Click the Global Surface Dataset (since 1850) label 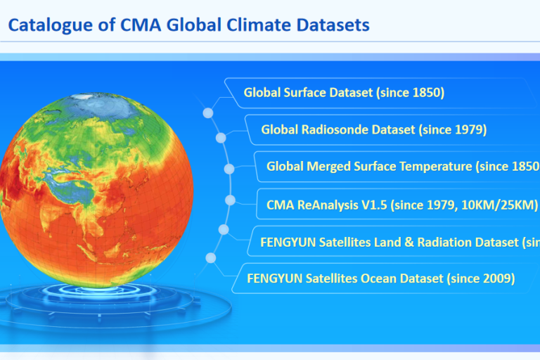344,92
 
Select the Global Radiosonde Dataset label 373,129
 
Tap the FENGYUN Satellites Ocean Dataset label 380,278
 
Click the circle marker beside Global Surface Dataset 207,112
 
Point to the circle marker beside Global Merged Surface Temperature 229,169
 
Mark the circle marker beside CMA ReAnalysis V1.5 229,200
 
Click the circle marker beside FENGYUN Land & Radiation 224,229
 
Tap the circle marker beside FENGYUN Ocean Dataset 210,258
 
